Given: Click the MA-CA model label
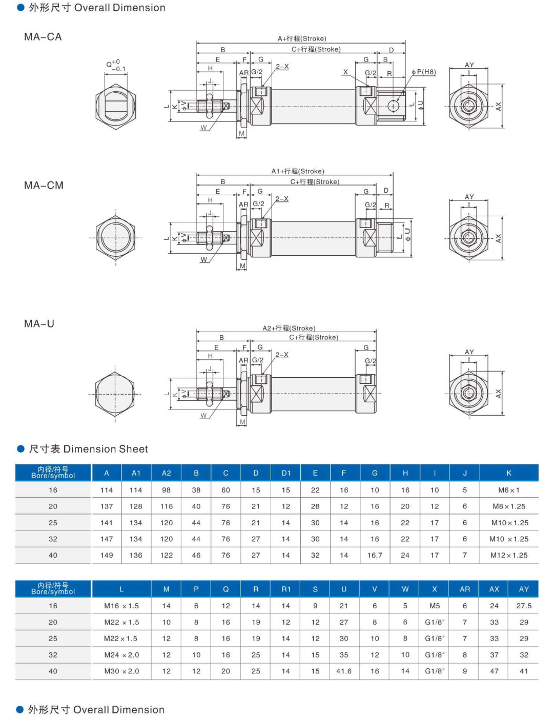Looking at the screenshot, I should click(x=43, y=37).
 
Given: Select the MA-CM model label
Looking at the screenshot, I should click(x=44, y=186).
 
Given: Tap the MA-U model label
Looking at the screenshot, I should click(x=39, y=324).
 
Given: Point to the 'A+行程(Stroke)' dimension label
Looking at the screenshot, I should click(x=302, y=38).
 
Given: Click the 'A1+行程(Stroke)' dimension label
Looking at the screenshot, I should click(x=298, y=171).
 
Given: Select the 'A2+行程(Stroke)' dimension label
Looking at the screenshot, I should click(x=289, y=328).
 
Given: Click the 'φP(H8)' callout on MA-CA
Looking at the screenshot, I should click(x=424, y=72).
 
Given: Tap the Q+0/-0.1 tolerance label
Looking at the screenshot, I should click(x=116, y=65).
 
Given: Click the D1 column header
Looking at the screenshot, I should click(x=286, y=473).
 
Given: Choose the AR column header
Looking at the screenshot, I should click(x=465, y=589).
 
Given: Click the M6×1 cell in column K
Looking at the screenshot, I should click(x=509, y=490).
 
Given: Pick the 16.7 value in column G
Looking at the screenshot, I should click(x=375, y=555).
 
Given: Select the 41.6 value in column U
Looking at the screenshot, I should click(x=344, y=671).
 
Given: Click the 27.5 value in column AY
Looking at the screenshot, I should click(x=524, y=606).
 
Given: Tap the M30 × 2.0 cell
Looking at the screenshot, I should click(x=121, y=671).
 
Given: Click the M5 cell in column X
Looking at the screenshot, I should click(x=435, y=606).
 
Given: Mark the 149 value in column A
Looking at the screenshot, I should click(x=107, y=555).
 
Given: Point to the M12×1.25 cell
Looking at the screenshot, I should click(x=509, y=555).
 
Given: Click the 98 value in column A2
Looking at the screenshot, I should click(x=167, y=490).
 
